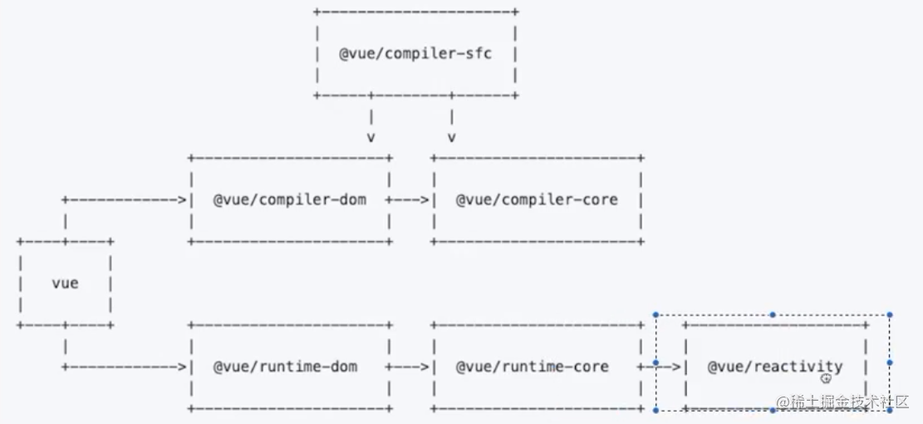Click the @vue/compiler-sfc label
[415, 54]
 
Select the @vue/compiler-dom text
[289, 200]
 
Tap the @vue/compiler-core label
[537, 200]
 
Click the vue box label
[65, 283]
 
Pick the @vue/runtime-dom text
[285, 366]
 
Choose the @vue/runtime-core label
[532, 366]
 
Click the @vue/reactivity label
[774, 366]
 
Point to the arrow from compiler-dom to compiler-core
[410, 200]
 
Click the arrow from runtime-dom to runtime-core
[410, 366]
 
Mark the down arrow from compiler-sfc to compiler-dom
[371, 126]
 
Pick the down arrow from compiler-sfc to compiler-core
[452, 126]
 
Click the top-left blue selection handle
[655, 315]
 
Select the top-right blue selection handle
[890, 315]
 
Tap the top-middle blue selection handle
[773, 315]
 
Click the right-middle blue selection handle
[890, 362]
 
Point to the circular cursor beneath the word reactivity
[826, 378]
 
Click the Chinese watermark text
[842, 402]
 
